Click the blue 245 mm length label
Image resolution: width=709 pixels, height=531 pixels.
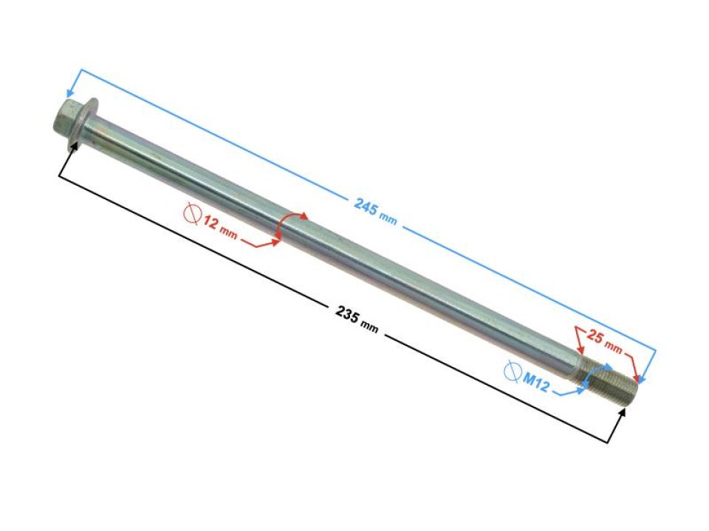pyautogui.click(x=375, y=212)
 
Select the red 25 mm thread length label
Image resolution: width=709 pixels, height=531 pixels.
pyautogui.click(x=604, y=341)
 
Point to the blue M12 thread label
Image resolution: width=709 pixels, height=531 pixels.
pyautogui.click(x=536, y=383)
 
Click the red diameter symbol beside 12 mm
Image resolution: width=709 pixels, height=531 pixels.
pyautogui.click(x=193, y=212)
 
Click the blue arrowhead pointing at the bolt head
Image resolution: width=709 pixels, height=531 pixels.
pyautogui.click(x=71, y=93)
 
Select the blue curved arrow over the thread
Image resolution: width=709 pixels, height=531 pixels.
pyautogui.click(x=596, y=373)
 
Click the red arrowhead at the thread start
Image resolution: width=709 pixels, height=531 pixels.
pyautogui.click(x=580, y=349)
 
